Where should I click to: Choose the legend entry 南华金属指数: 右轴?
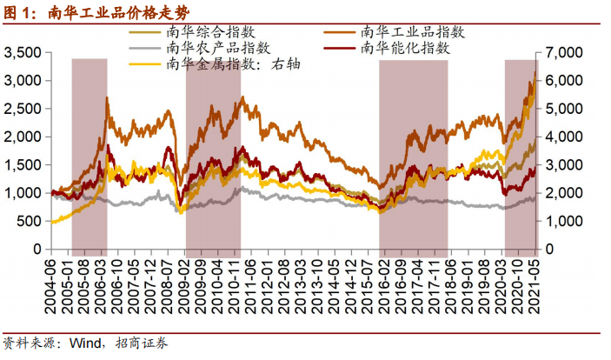click(229, 63)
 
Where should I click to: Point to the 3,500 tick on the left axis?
click(23, 53)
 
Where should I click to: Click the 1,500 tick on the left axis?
click(23, 165)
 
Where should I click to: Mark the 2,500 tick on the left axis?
click(23, 109)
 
